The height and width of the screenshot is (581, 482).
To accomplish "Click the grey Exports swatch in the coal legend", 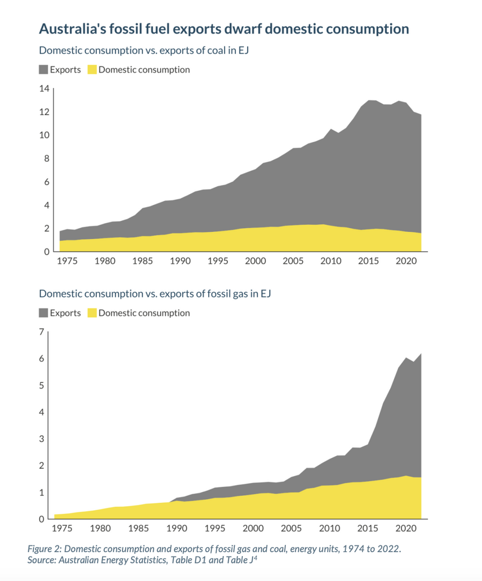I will tap(43, 70).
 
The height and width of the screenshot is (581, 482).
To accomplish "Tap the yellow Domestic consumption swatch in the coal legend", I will tap(92, 70).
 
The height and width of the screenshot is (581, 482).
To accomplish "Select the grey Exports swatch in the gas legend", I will tap(43, 313).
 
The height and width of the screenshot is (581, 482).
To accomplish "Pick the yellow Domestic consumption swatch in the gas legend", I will tap(92, 313).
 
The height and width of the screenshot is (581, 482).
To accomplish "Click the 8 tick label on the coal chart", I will tap(47, 159).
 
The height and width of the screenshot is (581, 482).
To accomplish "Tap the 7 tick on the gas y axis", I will tap(41, 332).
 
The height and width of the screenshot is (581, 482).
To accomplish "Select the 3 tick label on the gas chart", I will tap(41, 439).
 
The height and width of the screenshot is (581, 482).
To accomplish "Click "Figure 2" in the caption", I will tap(44, 549).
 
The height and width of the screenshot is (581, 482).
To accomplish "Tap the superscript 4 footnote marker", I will tap(260, 558).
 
